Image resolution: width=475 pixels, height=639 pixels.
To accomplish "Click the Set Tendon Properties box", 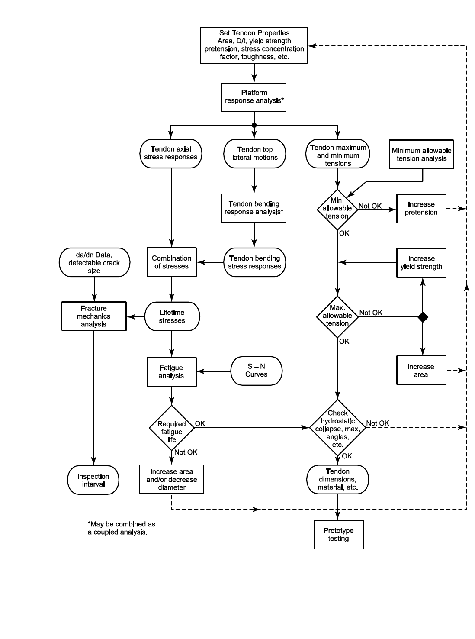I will [254, 45].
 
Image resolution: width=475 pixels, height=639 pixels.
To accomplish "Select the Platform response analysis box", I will [254, 97].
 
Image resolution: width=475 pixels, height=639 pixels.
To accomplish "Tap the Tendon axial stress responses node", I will [171, 153].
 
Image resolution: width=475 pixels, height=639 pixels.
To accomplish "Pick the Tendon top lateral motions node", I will [255, 153].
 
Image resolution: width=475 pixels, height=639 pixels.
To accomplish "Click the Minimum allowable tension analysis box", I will [421, 155].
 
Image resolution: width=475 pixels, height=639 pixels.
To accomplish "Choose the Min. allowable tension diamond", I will [337, 210].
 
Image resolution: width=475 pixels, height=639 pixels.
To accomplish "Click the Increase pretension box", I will [421, 209].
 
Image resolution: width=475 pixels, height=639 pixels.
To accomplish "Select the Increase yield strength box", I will [421, 263].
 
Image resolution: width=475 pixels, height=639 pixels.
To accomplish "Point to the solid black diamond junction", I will [423, 317].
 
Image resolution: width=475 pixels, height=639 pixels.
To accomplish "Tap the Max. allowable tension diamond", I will [337, 316].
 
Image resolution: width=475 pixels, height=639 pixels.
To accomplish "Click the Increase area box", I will [421, 371].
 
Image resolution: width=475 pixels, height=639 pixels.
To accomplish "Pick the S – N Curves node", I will [256, 371].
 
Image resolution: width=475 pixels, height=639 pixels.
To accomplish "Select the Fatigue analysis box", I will [171, 372].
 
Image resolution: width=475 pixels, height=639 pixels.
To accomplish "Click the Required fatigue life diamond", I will [172, 428].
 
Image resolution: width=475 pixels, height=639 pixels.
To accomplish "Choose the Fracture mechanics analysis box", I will [94, 316].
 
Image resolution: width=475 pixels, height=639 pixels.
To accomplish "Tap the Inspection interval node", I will [93, 480].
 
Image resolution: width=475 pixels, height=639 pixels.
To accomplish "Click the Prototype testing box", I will [338, 535].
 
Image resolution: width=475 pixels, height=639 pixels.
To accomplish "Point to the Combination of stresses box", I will [171, 262].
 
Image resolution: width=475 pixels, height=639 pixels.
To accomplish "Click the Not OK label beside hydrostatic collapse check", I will [378, 423].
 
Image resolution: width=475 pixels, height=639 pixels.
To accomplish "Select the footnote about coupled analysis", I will [121, 528].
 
